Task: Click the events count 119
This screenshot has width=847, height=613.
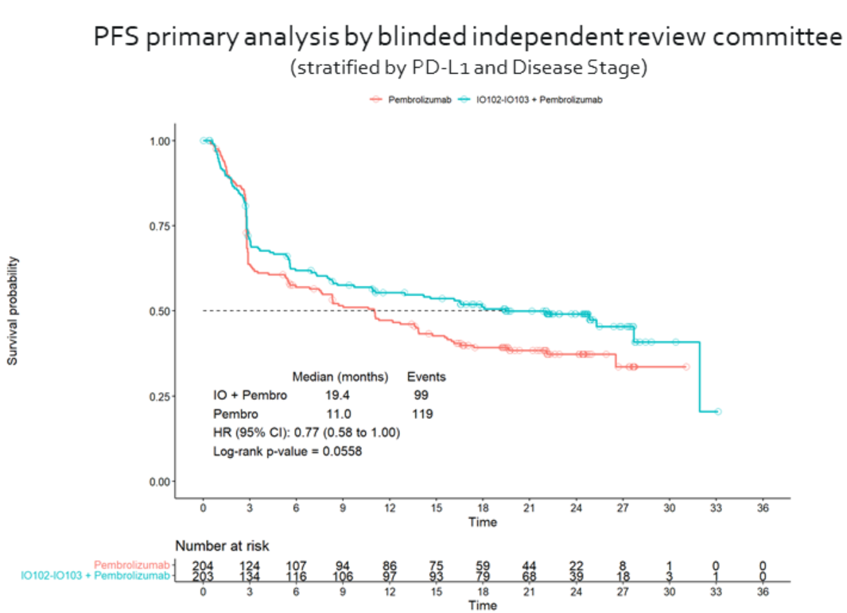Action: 422,414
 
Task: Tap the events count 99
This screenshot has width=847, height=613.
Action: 422,395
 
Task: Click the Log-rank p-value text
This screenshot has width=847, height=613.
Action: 288,452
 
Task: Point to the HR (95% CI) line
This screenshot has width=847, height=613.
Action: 306,433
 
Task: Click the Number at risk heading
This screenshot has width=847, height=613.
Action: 222,546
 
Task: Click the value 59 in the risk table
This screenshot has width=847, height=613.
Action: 484,565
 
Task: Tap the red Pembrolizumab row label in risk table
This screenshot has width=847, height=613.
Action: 132,565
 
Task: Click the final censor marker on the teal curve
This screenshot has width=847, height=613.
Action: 717,411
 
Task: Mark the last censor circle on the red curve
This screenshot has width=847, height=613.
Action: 686,367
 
